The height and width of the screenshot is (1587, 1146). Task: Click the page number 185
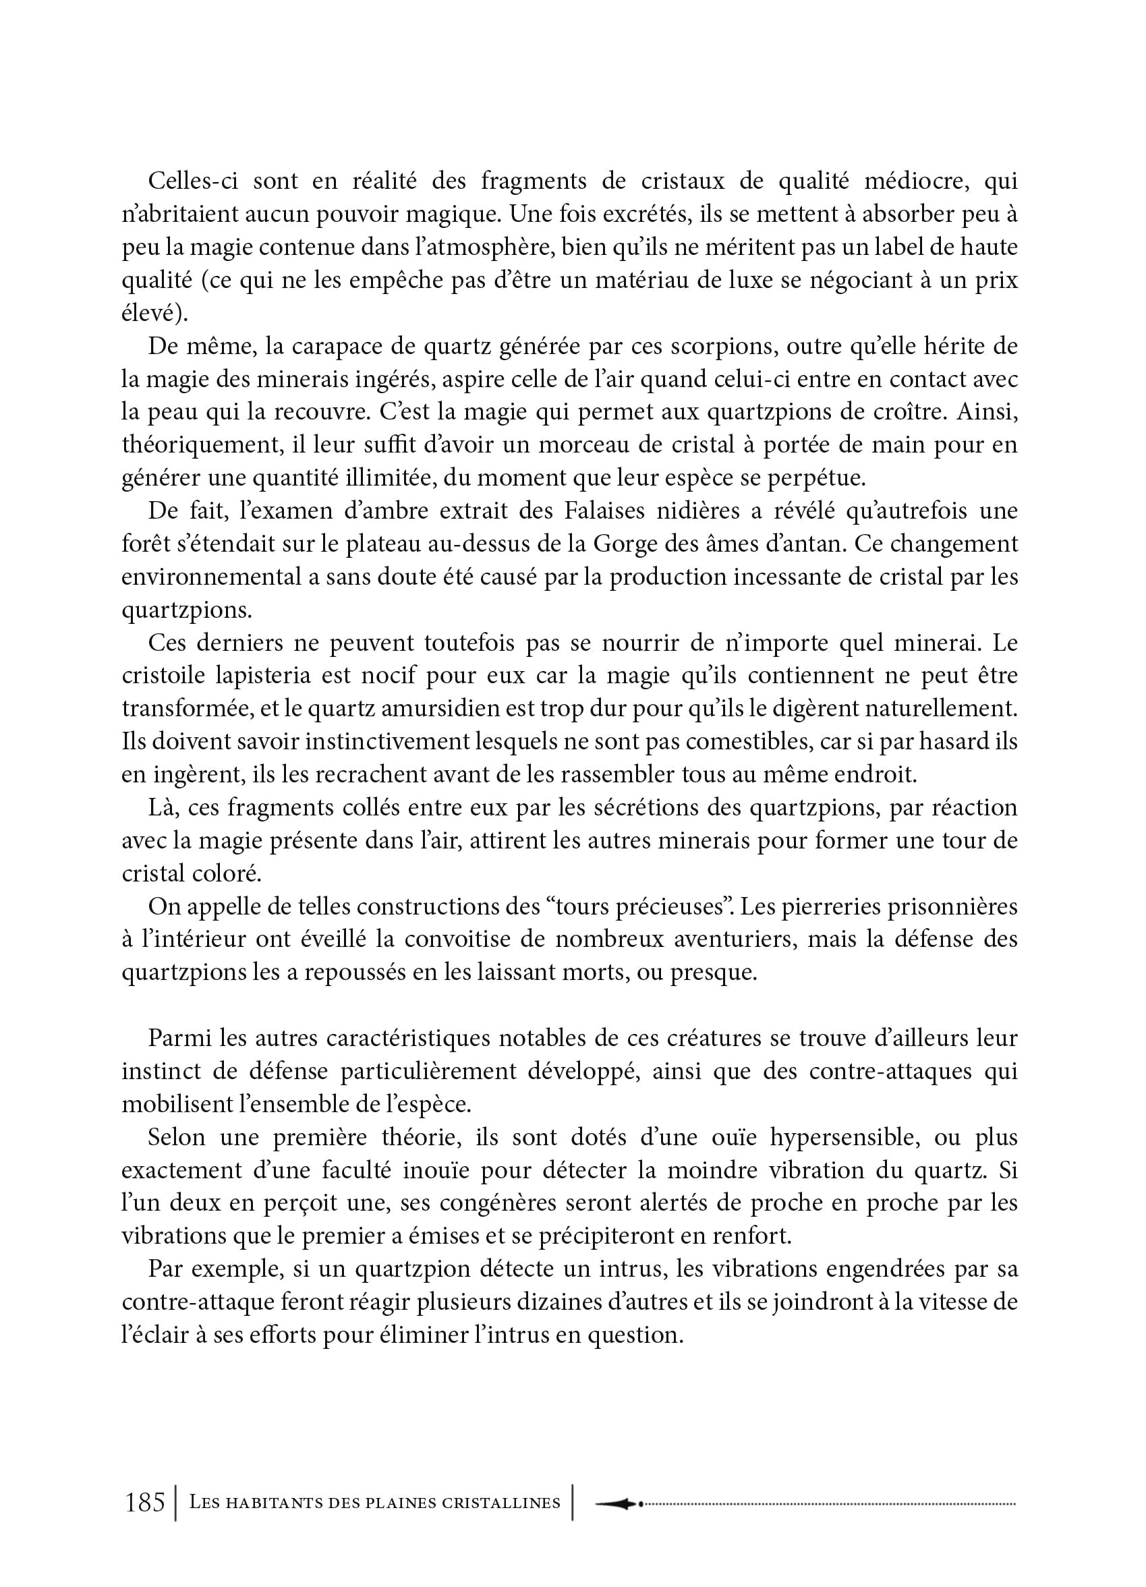(x=145, y=1501)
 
